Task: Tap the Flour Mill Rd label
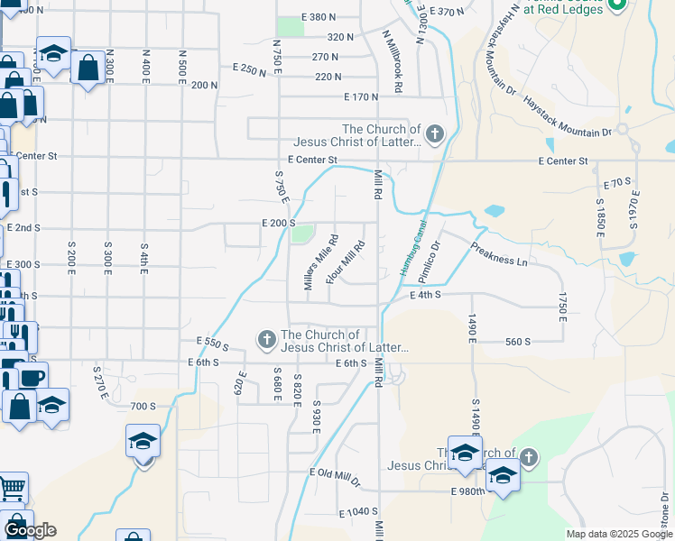[x=346, y=262]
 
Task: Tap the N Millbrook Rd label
[x=392, y=61]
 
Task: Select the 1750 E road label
[x=562, y=307]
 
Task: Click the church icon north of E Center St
[x=434, y=135]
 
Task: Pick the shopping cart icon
[x=11, y=489]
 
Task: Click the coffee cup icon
[x=32, y=377]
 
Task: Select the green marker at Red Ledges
[x=617, y=5]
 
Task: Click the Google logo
[x=30, y=530]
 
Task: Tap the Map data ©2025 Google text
[x=618, y=534]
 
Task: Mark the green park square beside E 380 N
[x=290, y=25]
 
